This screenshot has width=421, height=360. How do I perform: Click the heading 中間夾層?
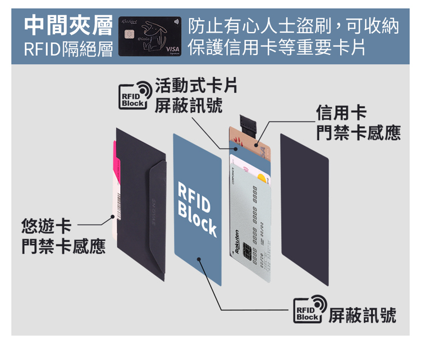click(x=68, y=25)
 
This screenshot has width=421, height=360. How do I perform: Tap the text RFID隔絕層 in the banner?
click(x=68, y=49)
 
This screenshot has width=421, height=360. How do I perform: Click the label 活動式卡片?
click(x=196, y=85)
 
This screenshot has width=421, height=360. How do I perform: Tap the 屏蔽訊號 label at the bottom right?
click(x=362, y=314)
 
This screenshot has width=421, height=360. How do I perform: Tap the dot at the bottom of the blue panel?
click(x=199, y=259)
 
